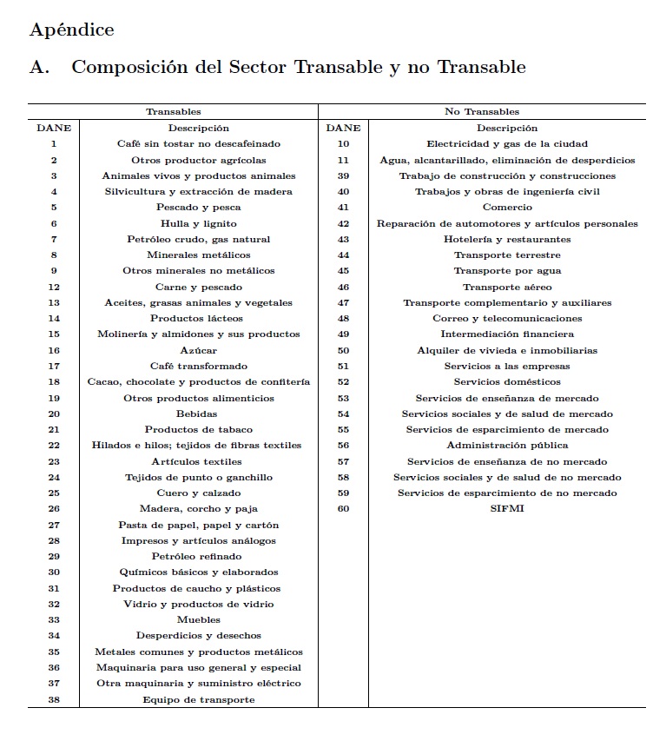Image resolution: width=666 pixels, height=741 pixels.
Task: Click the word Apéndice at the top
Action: point(71,30)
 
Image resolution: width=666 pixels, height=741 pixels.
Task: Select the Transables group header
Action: point(173,112)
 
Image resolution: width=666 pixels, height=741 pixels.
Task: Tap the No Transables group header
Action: point(482,112)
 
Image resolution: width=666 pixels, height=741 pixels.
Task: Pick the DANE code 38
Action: point(54,699)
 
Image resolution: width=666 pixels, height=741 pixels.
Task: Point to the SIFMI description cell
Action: point(507,509)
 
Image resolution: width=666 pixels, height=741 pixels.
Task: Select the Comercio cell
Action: point(507,208)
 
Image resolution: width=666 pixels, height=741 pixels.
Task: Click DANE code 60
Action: point(343,509)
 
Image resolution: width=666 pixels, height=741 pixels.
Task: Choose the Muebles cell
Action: point(199,620)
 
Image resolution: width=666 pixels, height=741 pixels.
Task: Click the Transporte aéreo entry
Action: point(507,287)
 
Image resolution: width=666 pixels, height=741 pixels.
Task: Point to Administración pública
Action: point(507,446)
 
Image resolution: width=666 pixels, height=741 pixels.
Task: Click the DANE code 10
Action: point(343,144)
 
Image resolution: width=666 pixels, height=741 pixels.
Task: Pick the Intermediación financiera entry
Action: point(507,334)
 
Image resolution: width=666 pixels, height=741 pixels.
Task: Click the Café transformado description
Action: point(199,367)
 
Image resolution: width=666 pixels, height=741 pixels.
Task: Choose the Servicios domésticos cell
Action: point(507,382)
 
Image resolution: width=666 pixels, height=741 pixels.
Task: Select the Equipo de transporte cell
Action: point(199,699)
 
